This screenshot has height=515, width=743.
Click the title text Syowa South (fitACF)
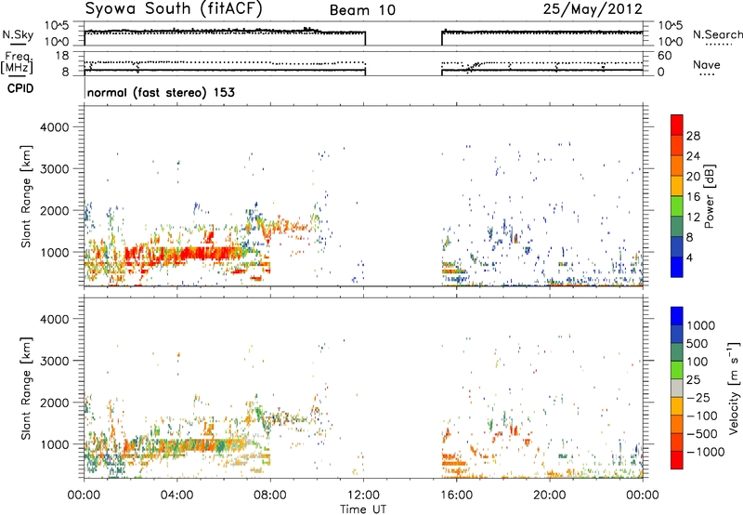point(173,9)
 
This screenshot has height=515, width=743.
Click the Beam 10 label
point(362,10)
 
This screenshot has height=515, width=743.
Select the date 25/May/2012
point(593,9)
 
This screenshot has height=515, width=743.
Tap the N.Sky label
point(18,34)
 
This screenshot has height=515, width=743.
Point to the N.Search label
point(718,34)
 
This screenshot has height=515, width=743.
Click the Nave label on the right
point(707,64)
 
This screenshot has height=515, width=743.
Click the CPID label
point(20,88)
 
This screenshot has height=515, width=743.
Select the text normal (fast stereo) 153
point(161,92)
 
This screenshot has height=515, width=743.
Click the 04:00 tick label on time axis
point(176,495)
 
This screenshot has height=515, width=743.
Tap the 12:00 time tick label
point(363,495)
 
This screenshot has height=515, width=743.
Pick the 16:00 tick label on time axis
point(456,495)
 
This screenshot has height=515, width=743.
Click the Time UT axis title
point(363,509)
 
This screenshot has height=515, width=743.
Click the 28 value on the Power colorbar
point(693,136)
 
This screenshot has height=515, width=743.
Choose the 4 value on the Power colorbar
point(689,258)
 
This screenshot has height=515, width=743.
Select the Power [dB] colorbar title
point(710,196)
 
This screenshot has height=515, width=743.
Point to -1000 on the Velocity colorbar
point(706,452)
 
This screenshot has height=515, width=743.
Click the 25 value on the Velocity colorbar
point(693,380)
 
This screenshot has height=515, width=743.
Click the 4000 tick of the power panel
point(55,127)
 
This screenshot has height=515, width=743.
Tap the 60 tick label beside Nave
point(664,56)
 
